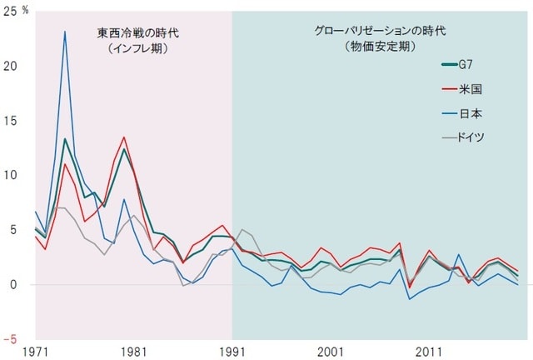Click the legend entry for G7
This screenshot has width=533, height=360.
[470, 63]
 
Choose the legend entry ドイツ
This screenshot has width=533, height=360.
[472, 135]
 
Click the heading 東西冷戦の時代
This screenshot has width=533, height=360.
[137, 33]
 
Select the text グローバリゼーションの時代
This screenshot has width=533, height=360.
[380, 31]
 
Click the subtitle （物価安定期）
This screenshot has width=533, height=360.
[380, 47]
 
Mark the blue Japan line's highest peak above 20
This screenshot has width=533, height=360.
[65, 32]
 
